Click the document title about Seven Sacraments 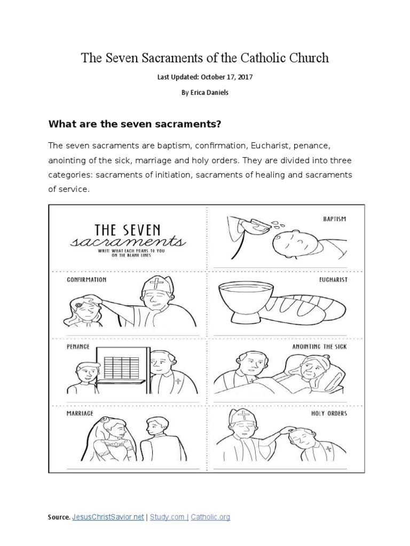point(205,58)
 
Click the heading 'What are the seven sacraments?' point(135,124)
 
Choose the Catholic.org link point(210,517)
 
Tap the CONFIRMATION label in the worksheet point(86,279)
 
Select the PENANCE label point(78,347)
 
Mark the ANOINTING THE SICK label point(319,347)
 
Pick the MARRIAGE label point(80,413)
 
